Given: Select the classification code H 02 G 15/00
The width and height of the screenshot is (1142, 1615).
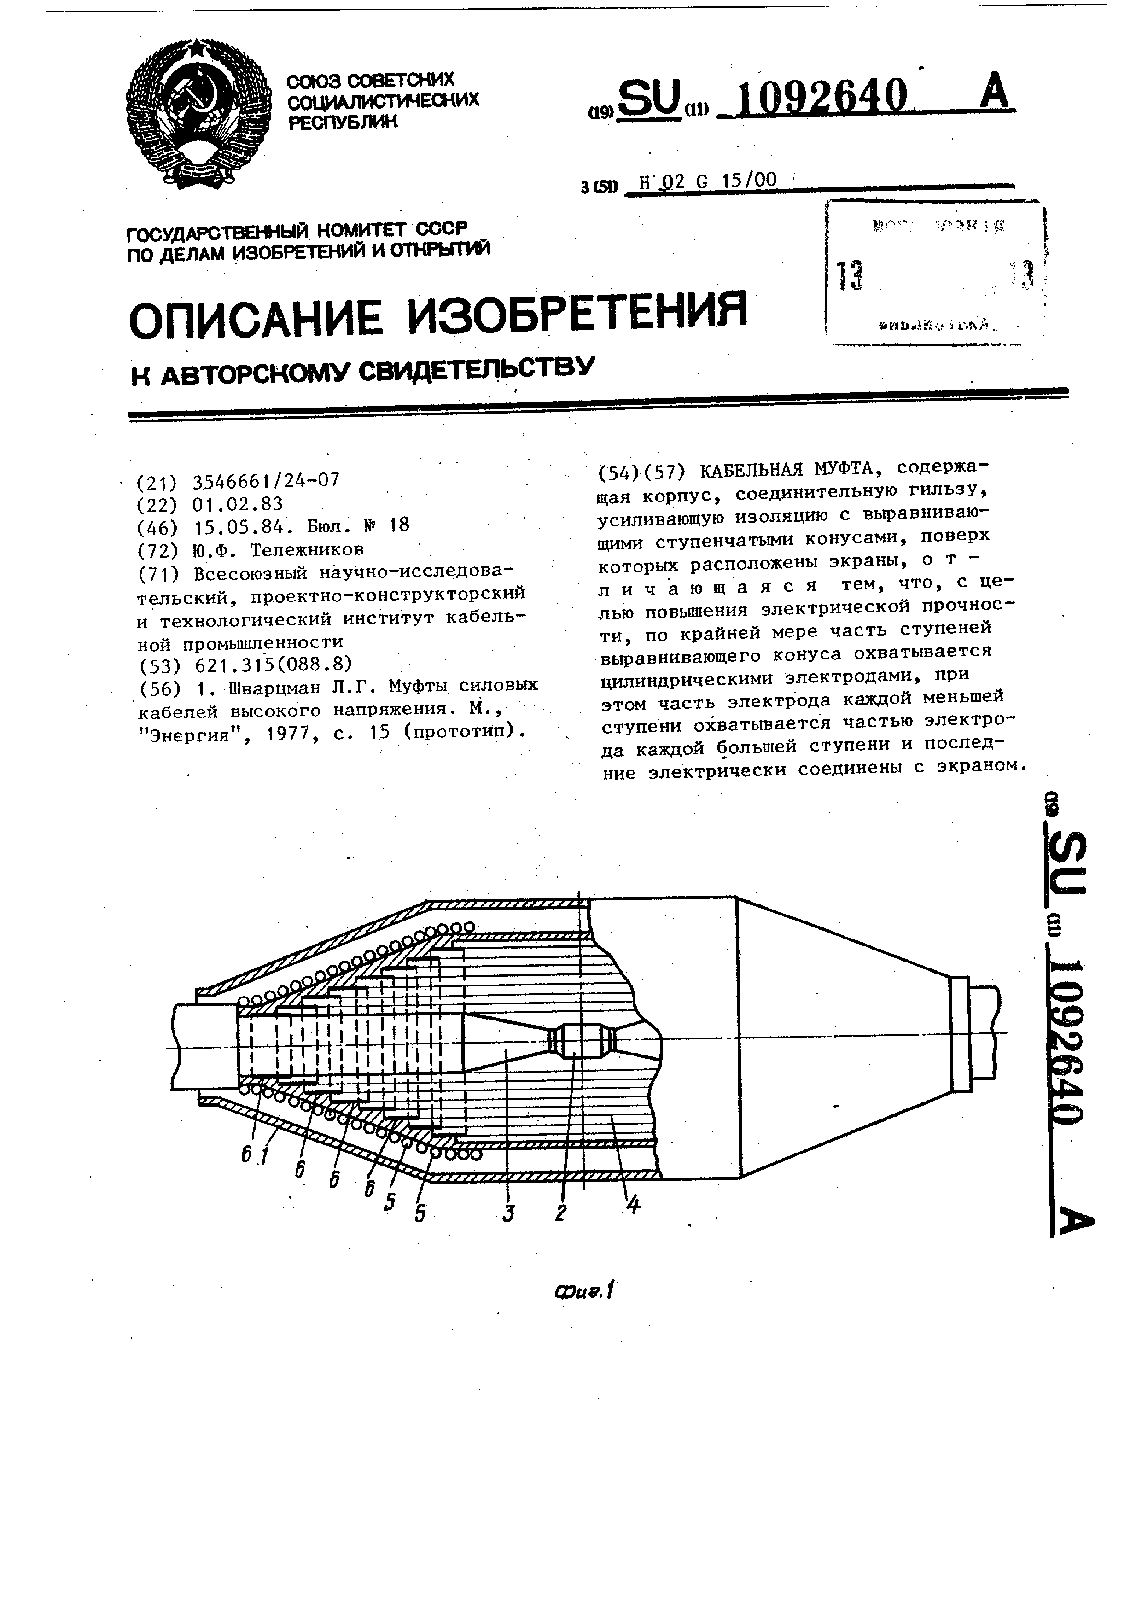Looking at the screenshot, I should [707, 181].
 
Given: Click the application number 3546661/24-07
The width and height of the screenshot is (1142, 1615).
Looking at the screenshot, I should [266, 480].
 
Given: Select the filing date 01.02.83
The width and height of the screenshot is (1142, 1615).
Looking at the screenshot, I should [237, 504].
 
